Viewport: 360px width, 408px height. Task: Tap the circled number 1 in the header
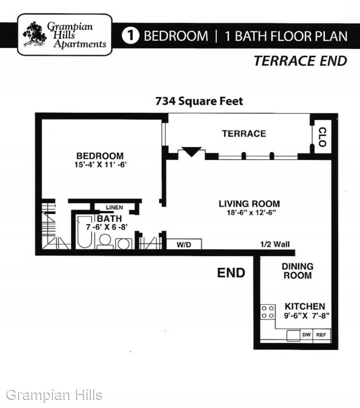130,36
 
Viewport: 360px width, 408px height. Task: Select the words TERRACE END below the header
300,61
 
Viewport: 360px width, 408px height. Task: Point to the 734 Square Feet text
199,101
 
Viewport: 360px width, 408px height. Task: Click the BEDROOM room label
100,156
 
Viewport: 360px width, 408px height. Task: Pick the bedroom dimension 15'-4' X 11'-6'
100,165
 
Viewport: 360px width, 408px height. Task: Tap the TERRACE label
244,133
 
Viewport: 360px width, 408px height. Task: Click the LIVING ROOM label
249,204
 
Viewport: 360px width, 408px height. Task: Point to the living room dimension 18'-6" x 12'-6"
251,213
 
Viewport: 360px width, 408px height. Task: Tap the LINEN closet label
114,207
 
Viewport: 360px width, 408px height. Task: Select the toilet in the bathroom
105,242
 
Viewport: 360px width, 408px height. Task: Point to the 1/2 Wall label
275,244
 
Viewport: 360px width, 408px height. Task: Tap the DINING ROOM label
298,271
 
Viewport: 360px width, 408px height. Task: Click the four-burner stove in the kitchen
268,312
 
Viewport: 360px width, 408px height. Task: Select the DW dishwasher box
307,335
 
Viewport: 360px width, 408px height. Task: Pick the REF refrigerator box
321,335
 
